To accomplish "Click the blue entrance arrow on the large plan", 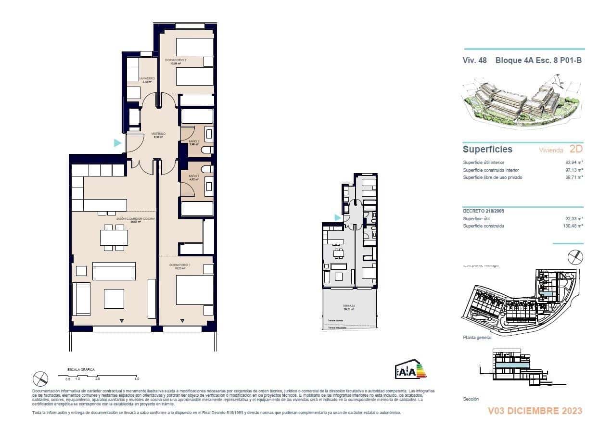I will tap(117, 143).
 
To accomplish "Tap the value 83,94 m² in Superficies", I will tap(574, 163).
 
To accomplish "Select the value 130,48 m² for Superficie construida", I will tap(573, 226).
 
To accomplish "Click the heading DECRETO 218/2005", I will tap(484, 211).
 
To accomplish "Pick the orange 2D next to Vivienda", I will tap(576, 149).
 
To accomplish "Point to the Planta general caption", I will tap(477, 338).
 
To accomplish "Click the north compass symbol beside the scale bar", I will tap(41, 378).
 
